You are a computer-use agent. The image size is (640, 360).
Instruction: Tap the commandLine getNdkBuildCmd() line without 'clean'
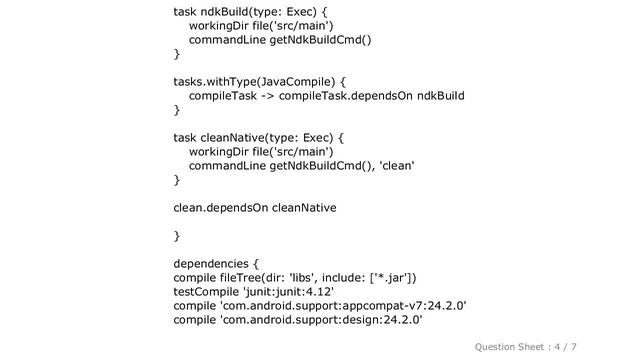click(280, 39)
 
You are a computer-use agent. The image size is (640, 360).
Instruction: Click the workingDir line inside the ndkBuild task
click(261, 25)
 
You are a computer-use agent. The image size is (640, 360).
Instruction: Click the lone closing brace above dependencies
click(177, 235)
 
